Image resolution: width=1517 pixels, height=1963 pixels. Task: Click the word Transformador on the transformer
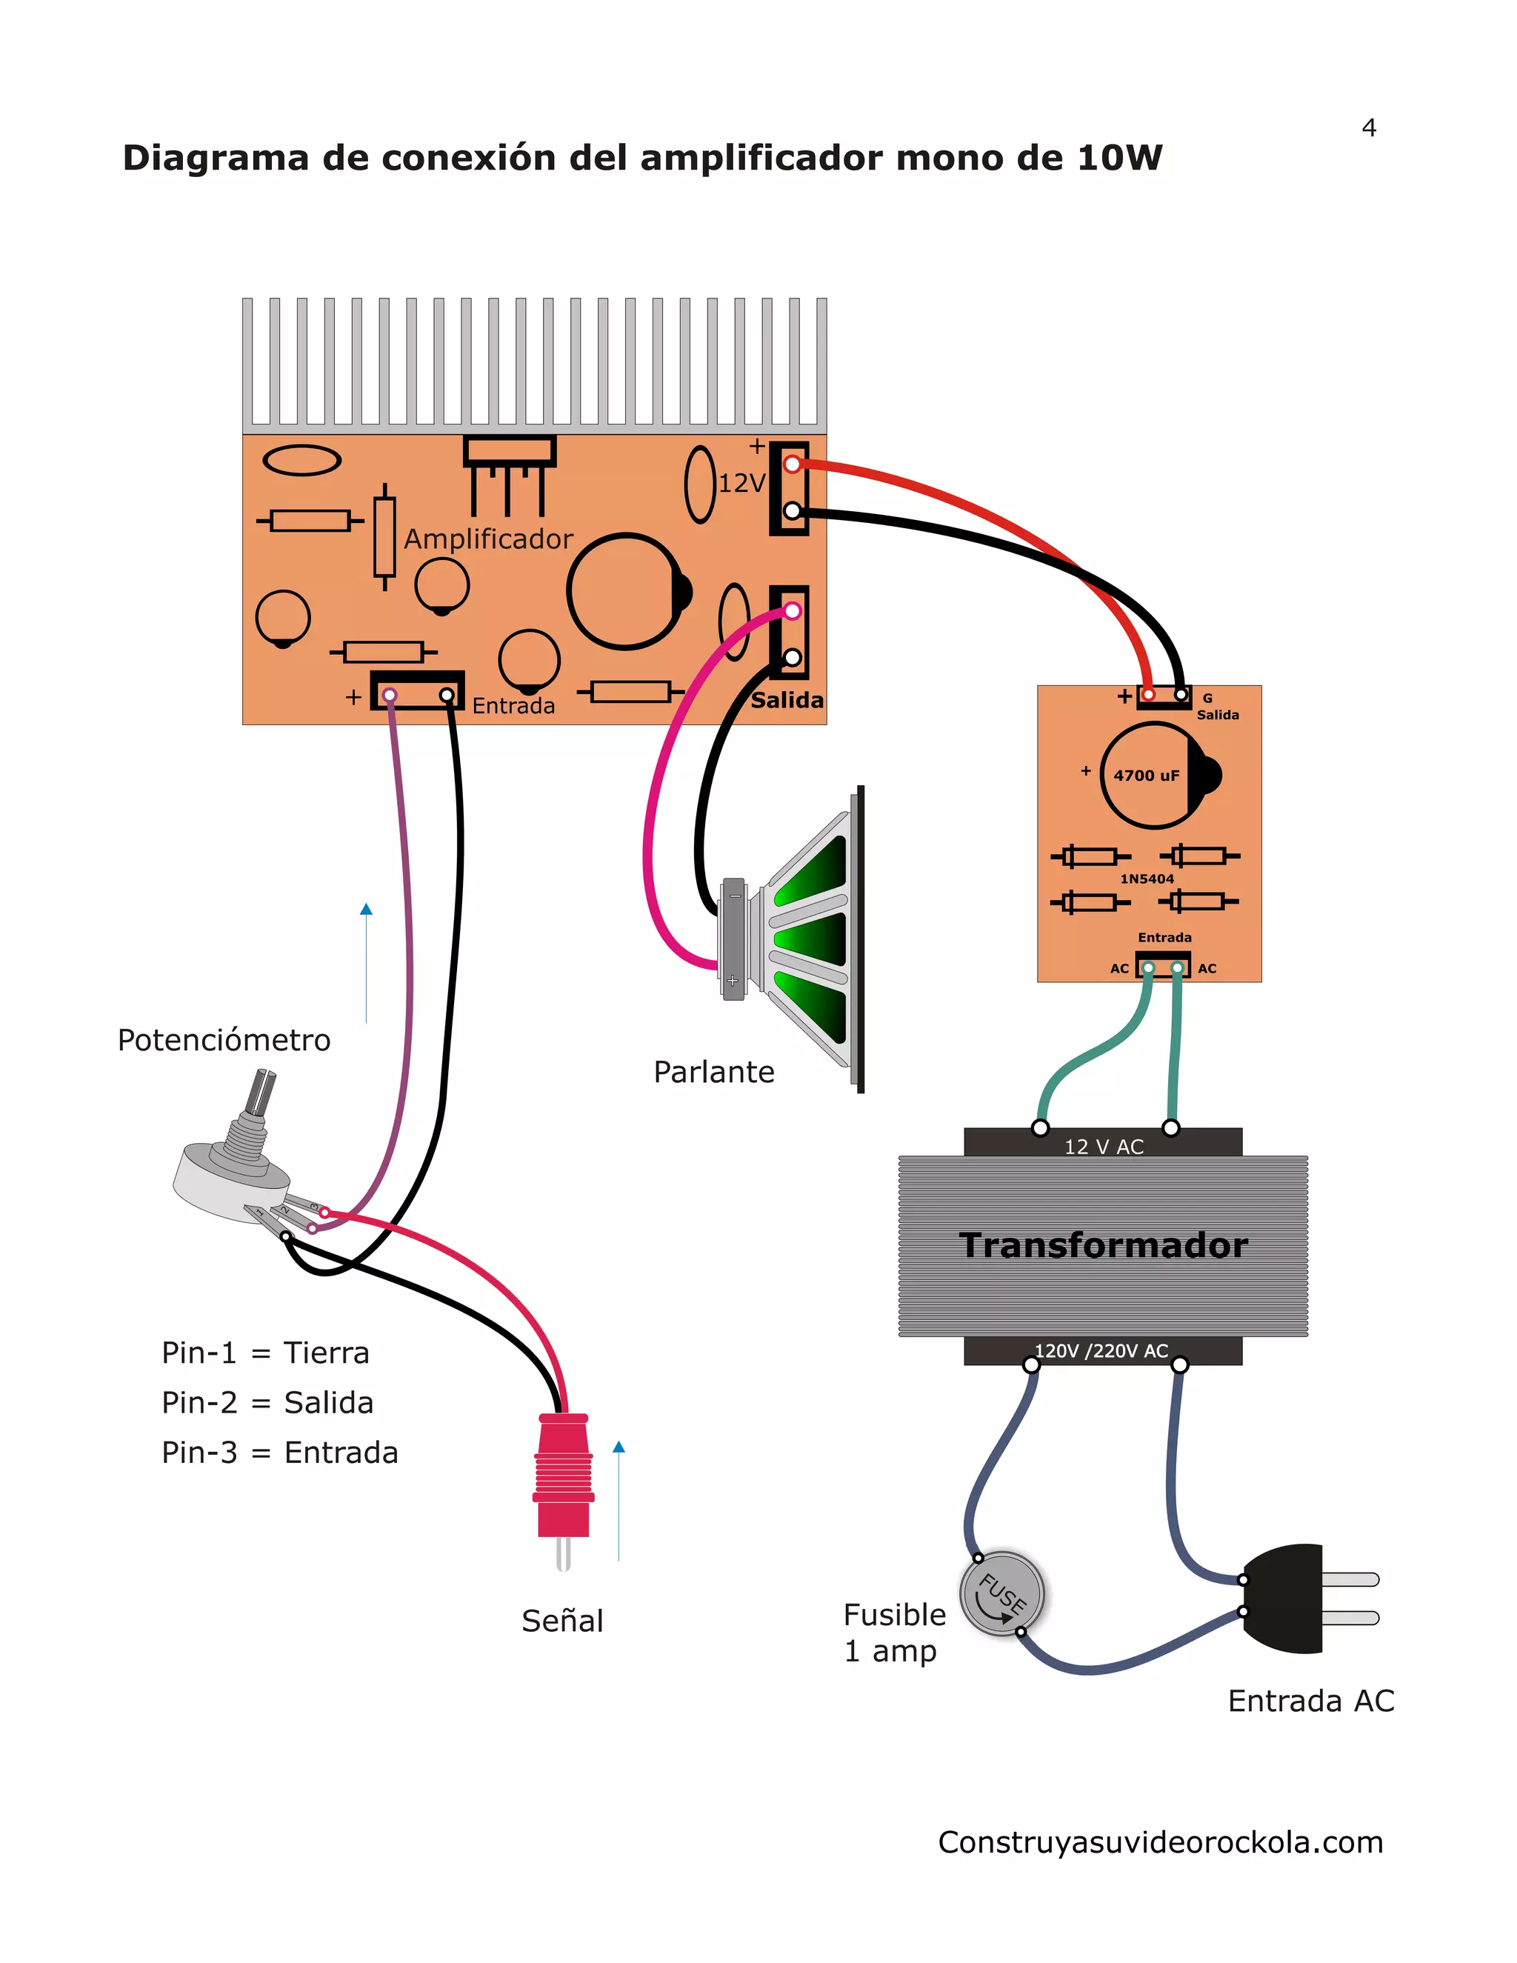(1103, 1246)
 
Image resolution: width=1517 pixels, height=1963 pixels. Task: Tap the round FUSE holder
(1002, 1593)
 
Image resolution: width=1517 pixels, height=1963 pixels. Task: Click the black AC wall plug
(1285, 1598)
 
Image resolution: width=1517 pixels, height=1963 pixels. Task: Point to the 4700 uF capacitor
(1154, 775)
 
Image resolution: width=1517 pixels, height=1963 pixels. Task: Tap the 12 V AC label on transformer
(1104, 1147)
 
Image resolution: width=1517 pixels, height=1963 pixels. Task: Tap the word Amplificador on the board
(488, 539)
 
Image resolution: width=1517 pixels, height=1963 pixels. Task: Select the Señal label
(563, 1622)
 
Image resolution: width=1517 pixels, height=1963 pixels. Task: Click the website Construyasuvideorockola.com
(1160, 1842)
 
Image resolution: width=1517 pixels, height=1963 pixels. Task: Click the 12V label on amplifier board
(741, 484)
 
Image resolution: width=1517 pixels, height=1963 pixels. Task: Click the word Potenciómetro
(224, 1041)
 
